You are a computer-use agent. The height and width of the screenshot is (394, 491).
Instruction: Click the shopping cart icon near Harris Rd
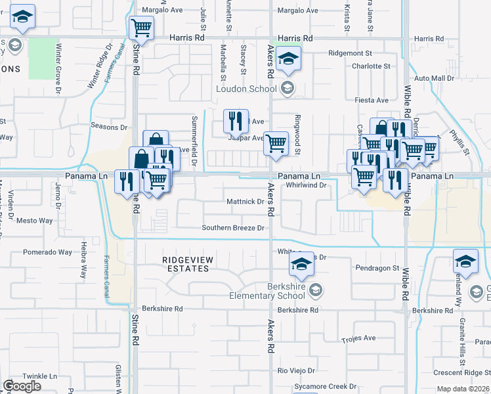(x=141, y=29)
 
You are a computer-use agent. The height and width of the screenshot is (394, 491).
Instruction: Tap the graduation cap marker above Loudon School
(x=288, y=59)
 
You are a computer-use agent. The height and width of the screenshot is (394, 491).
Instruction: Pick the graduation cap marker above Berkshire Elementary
(x=301, y=265)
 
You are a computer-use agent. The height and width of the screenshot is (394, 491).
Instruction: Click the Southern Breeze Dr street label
(x=233, y=228)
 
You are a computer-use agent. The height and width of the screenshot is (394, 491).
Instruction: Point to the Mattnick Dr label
(x=244, y=201)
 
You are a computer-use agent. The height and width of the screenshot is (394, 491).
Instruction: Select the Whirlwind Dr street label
(x=307, y=185)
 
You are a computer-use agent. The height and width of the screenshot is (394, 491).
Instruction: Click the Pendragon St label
(x=377, y=268)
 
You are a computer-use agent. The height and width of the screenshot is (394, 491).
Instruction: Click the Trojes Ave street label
(x=358, y=338)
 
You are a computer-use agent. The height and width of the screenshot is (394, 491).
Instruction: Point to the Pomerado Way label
(x=48, y=252)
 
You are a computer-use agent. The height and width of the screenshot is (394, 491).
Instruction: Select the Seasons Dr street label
(x=109, y=127)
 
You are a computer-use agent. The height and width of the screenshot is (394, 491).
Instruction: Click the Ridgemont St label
(x=351, y=53)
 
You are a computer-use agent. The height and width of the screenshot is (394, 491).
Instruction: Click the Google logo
(x=22, y=385)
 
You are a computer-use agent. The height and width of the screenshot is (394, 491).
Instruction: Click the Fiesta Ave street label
(x=372, y=100)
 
